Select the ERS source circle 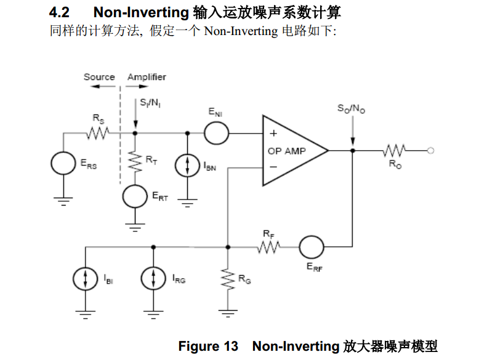(x=52, y=163)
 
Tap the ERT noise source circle (x=123, y=196)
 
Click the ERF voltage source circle (x=300, y=247)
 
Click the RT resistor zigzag (x=135, y=162)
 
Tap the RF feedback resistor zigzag (x=268, y=247)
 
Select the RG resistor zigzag (x=228, y=279)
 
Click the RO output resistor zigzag (x=395, y=151)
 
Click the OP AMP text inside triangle (x=287, y=151)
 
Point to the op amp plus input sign (x=273, y=133)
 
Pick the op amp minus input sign (x=273, y=167)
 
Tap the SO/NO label (x=351, y=108)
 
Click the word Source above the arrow (x=99, y=77)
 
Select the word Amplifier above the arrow (x=147, y=77)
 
